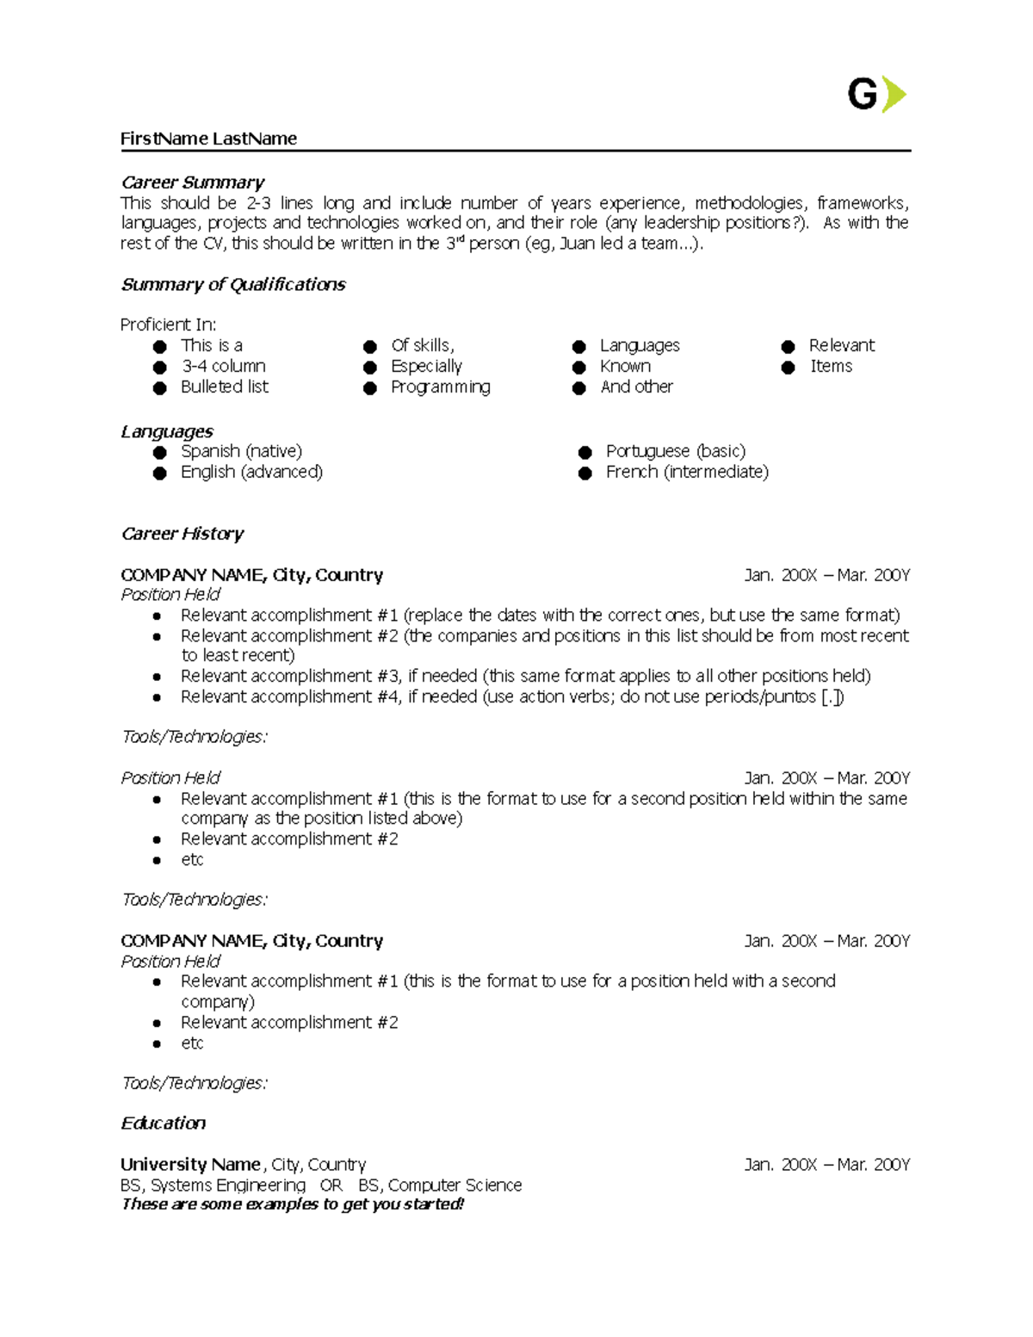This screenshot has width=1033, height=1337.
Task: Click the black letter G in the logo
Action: (x=863, y=95)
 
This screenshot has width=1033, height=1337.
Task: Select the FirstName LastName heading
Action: (x=208, y=139)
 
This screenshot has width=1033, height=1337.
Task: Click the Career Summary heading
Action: (x=192, y=183)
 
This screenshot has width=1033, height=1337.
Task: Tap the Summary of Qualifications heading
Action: (x=232, y=284)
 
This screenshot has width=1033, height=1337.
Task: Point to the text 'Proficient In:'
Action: (x=168, y=325)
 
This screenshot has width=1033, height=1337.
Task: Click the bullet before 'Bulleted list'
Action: (x=159, y=388)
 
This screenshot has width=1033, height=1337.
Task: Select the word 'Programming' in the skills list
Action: (x=440, y=387)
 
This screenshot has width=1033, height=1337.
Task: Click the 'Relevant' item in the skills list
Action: (x=841, y=345)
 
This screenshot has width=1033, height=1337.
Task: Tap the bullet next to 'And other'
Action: (x=579, y=388)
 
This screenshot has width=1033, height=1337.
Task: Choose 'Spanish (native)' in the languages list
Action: (x=241, y=451)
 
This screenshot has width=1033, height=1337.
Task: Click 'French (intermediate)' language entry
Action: (x=687, y=472)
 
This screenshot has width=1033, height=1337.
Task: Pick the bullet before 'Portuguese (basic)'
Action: (x=585, y=452)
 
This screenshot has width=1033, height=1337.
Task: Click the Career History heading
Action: (x=182, y=534)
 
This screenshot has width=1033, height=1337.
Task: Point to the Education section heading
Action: (x=163, y=1123)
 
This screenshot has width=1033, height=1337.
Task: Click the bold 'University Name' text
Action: (x=190, y=1165)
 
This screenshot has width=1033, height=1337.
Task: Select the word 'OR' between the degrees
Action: (x=331, y=1185)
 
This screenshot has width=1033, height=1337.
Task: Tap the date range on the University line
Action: (x=826, y=1165)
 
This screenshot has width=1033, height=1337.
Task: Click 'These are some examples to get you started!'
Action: (x=293, y=1204)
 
